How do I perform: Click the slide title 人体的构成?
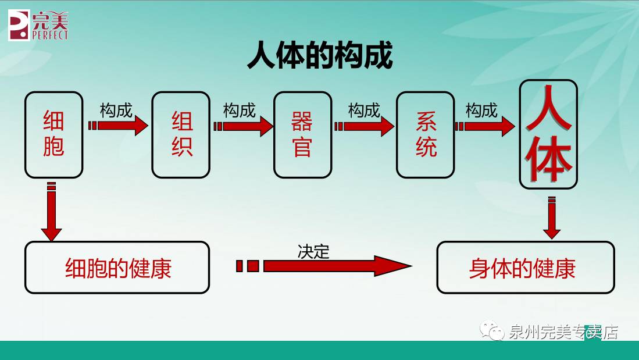[320, 56]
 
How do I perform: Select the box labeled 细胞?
[53, 134]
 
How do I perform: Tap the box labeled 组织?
[181, 134]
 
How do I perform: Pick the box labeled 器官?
[302, 134]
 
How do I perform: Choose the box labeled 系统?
[426, 134]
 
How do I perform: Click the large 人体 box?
[548, 134]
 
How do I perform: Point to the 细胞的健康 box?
[117, 268]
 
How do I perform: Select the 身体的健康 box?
[525, 268]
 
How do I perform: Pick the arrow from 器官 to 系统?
[366, 126]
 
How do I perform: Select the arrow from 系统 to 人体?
[486, 126]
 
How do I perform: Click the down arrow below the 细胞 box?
[51, 212]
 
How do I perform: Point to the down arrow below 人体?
[552, 218]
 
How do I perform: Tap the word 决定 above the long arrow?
[313, 251]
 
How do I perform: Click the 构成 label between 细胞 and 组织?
[116, 110]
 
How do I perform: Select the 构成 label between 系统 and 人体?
[481, 110]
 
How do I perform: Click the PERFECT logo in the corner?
[38, 25]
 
